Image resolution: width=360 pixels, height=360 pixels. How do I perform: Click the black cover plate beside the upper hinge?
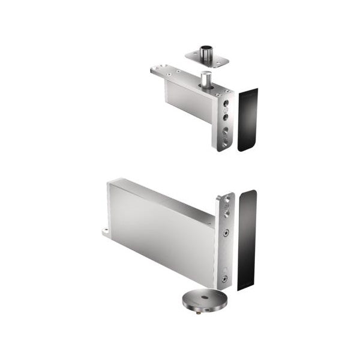coord(247,120)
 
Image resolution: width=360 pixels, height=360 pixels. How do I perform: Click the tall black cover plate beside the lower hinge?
coord(247,240)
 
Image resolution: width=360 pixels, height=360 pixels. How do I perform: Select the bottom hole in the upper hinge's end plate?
coord(224,143)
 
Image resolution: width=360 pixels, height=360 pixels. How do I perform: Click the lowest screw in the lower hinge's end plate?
coord(224,278)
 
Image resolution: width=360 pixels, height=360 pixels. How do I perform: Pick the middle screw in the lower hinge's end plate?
coord(225,232)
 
